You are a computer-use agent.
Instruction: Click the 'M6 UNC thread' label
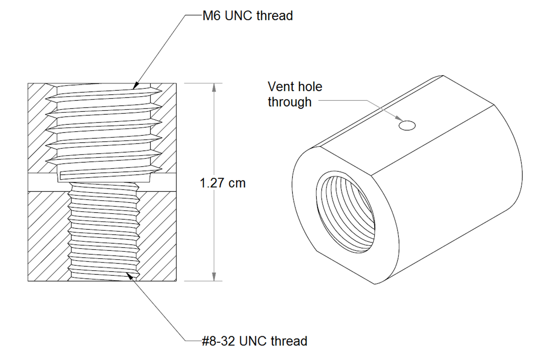click(248, 16)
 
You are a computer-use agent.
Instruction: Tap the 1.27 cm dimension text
click(222, 183)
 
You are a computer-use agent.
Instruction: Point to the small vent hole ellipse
click(407, 125)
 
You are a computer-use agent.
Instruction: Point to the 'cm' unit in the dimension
click(237, 183)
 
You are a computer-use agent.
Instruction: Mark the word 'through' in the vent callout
click(290, 102)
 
